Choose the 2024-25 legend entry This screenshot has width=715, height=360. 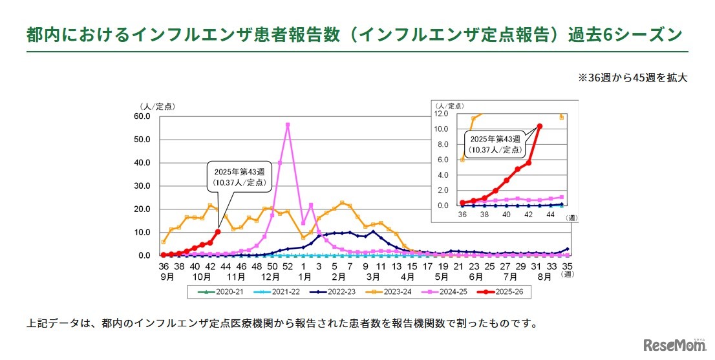coord(445,292)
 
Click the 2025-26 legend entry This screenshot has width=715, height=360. coord(503,292)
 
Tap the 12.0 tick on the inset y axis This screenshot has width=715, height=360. coord(442,114)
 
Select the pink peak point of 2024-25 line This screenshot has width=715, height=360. coord(288,125)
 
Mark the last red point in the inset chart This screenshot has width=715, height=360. coord(540,127)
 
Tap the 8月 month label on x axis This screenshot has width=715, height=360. coord(544,276)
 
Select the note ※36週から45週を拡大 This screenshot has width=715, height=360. coord(632,77)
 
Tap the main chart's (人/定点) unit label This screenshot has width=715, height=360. coord(156,106)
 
